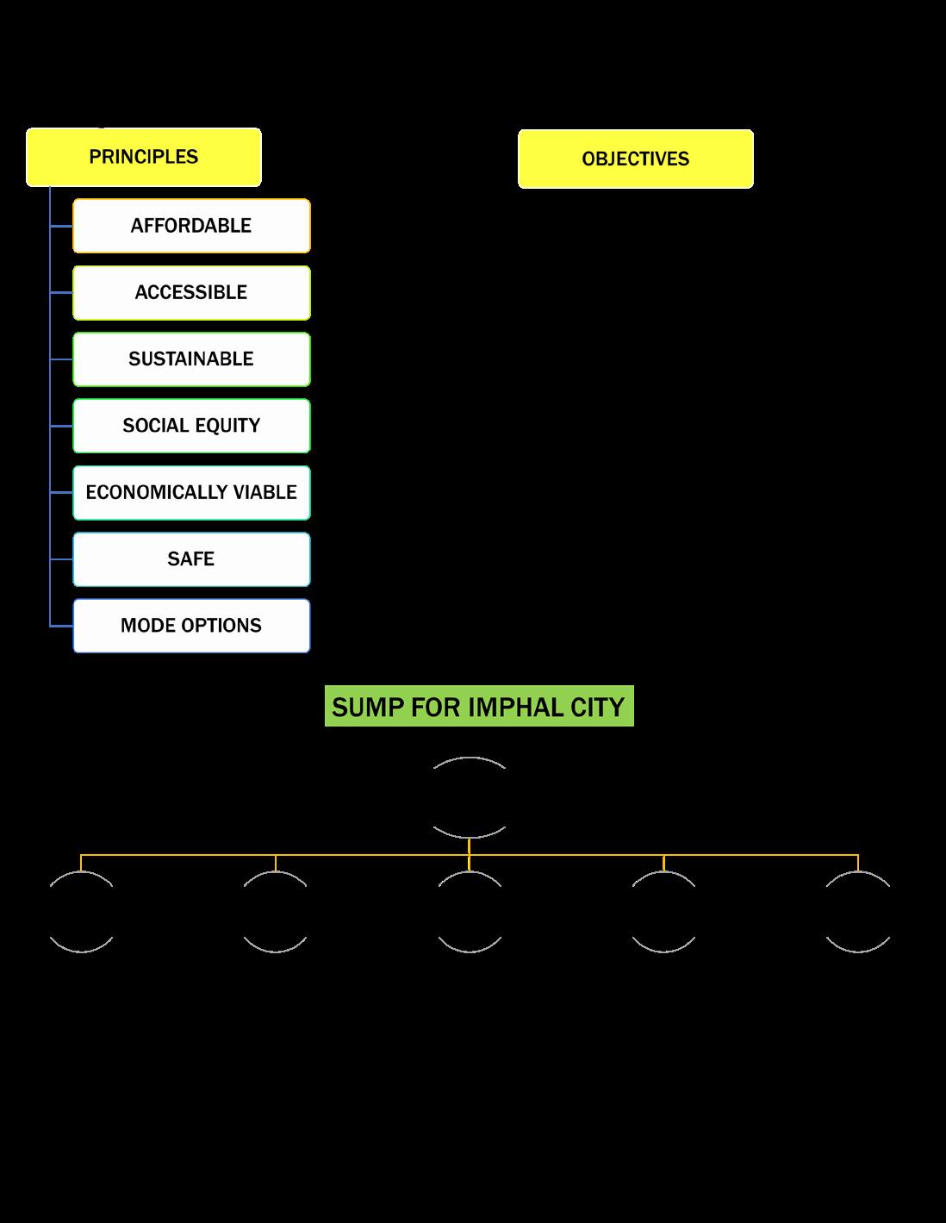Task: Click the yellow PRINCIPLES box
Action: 143,157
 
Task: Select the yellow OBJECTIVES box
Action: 635,159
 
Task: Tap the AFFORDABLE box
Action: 191,226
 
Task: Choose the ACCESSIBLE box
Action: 191,292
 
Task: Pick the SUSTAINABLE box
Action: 191,359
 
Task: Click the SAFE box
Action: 191,558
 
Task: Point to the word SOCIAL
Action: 155,425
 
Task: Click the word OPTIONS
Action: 221,625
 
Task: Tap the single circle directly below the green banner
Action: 470,797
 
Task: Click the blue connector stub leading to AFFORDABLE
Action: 61,226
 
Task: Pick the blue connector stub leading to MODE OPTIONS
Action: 61,626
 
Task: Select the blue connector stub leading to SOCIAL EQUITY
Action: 61,426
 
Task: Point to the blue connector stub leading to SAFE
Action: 61,559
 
